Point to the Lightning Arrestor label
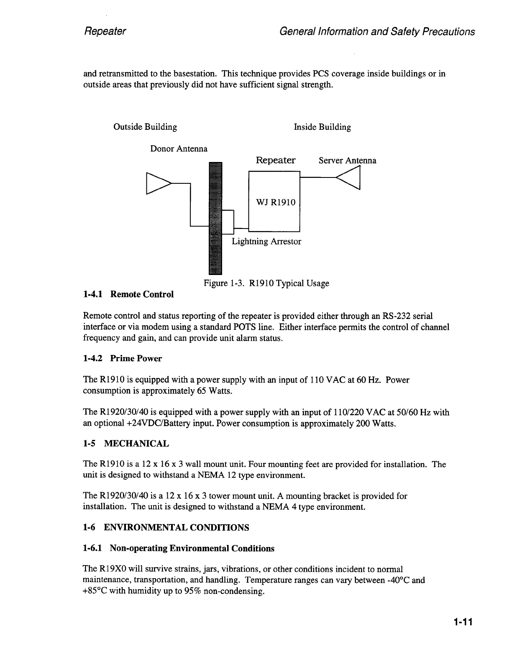[266, 242]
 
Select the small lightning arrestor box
[228, 222]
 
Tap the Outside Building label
[145, 127]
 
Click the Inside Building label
[322, 127]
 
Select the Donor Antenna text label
[179, 149]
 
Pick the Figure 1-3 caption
[266, 283]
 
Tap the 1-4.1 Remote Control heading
[128, 294]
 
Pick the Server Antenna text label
[347, 161]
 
